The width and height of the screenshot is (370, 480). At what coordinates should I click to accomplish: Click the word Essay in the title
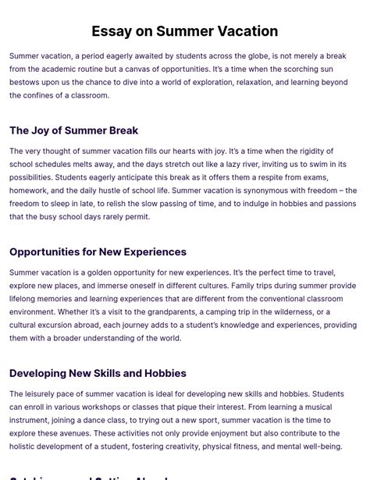coord(112,31)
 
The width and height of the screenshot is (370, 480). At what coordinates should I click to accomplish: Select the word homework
coord(30,190)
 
